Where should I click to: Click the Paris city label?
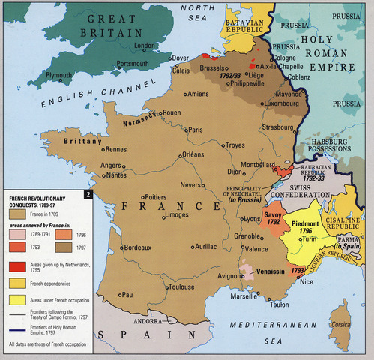point(196,130)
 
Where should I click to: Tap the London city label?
point(144,46)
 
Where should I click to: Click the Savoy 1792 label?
point(272,217)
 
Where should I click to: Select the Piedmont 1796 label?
point(307,226)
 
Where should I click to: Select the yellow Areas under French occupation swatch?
point(17,299)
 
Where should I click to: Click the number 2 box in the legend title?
point(88,195)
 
